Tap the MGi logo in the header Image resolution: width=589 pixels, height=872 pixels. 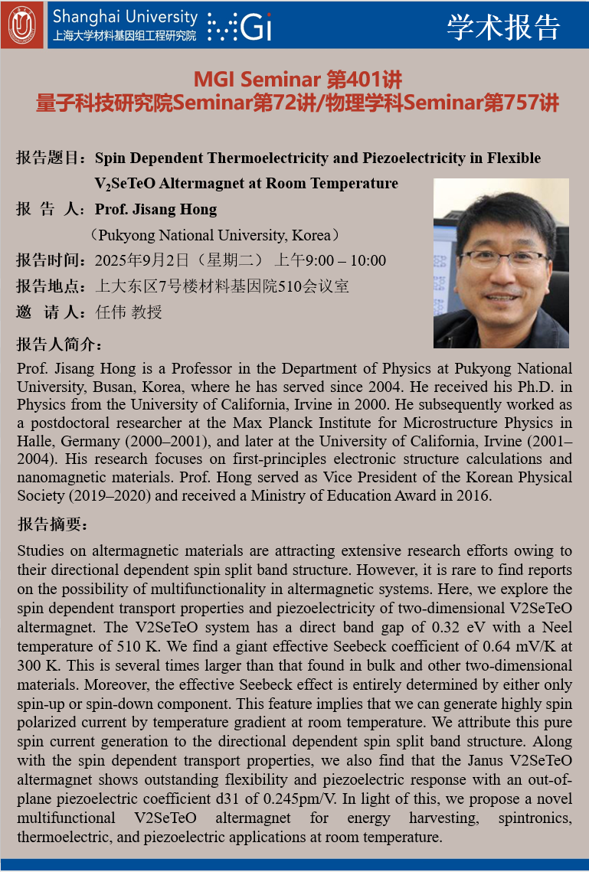(241, 28)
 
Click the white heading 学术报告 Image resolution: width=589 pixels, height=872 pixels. (503, 27)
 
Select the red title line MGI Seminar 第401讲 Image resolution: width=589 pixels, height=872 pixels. (297, 79)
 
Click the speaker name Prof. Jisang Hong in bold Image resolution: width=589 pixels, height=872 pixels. (155, 209)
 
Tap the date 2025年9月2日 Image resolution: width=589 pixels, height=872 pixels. (141, 261)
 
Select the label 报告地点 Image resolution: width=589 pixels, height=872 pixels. (50, 287)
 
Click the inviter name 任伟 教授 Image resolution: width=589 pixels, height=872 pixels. (129, 312)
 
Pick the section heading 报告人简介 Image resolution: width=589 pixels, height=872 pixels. (59, 344)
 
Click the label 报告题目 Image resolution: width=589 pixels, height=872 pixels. (50, 158)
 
